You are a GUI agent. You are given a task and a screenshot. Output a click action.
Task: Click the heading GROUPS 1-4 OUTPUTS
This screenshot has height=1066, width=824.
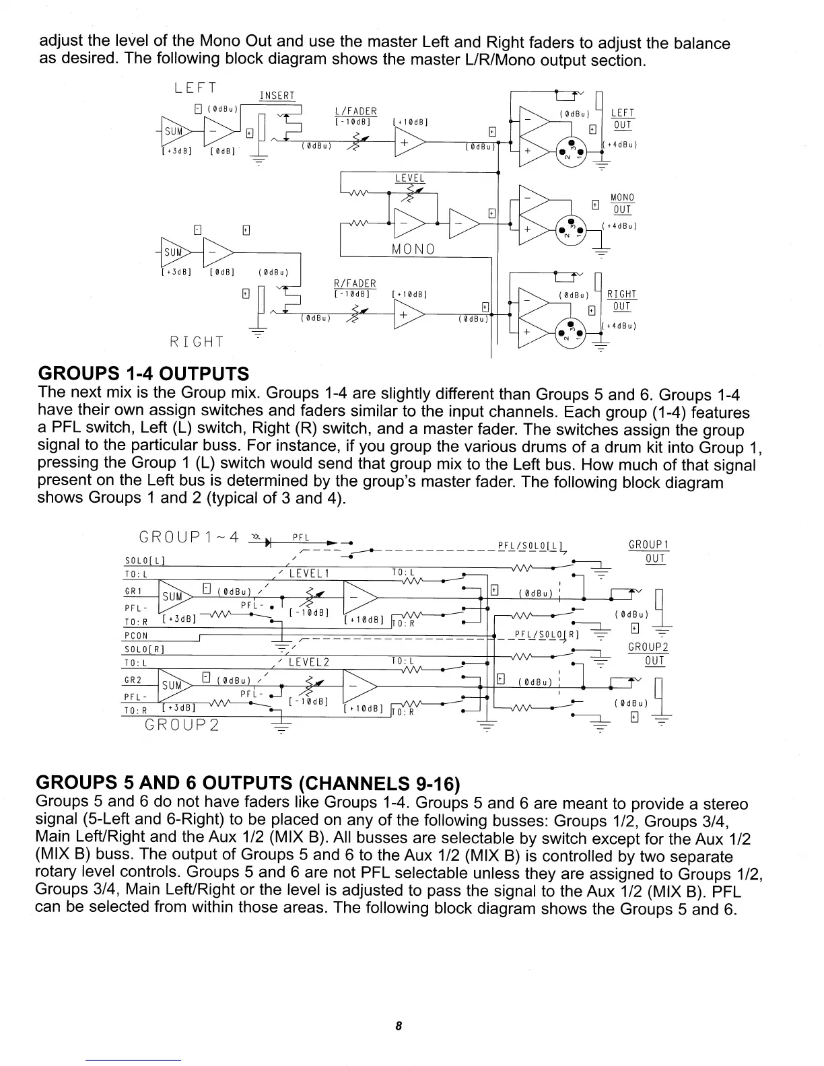[x=143, y=374]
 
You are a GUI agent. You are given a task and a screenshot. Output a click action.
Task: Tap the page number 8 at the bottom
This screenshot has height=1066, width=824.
[x=399, y=1026]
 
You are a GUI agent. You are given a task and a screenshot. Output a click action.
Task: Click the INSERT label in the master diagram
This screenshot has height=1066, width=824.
[x=277, y=96]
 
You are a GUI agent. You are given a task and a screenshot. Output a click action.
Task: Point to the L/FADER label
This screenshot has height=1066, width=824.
[x=355, y=111]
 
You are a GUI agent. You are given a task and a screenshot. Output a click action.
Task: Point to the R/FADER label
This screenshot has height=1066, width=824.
[x=355, y=283]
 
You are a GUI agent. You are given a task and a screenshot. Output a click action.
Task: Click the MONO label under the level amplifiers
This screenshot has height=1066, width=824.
[x=413, y=249]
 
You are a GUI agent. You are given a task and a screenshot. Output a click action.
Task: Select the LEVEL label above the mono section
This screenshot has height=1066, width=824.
[x=410, y=178]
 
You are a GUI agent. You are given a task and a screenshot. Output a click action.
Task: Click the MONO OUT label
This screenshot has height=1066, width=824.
[x=621, y=203]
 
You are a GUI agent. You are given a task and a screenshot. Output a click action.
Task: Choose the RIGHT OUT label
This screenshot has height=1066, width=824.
[x=621, y=300]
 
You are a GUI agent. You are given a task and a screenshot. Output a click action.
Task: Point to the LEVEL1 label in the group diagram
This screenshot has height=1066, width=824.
[x=308, y=573]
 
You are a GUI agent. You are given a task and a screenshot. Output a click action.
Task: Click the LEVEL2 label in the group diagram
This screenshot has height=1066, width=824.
[x=308, y=662]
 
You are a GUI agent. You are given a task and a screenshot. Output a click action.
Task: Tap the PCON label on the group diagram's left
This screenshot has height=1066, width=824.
[x=136, y=635]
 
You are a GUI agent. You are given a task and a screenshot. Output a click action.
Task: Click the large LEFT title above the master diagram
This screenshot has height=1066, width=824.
[x=195, y=88]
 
